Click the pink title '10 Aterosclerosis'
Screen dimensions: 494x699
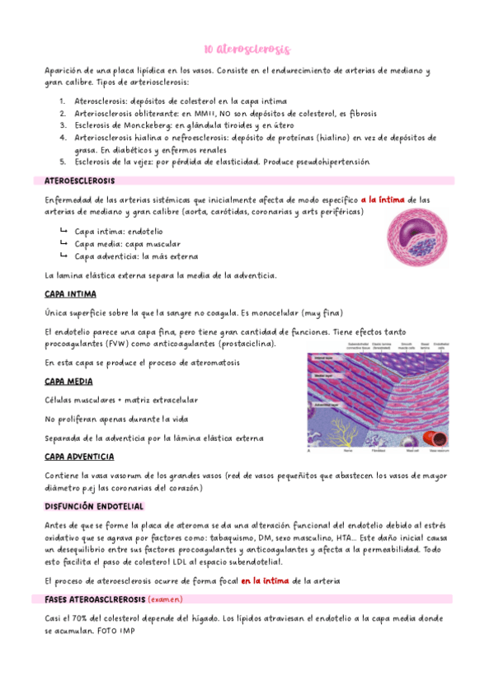coord(247,49)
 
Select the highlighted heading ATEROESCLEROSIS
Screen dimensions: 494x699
coord(80,180)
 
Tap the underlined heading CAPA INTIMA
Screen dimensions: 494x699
coord(70,293)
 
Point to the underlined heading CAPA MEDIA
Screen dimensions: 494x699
coord(68,382)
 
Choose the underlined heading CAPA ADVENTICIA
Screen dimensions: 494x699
coord(79,457)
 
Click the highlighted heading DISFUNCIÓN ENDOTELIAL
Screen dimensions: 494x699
coord(94,505)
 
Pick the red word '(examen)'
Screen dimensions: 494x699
coord(165,599)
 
